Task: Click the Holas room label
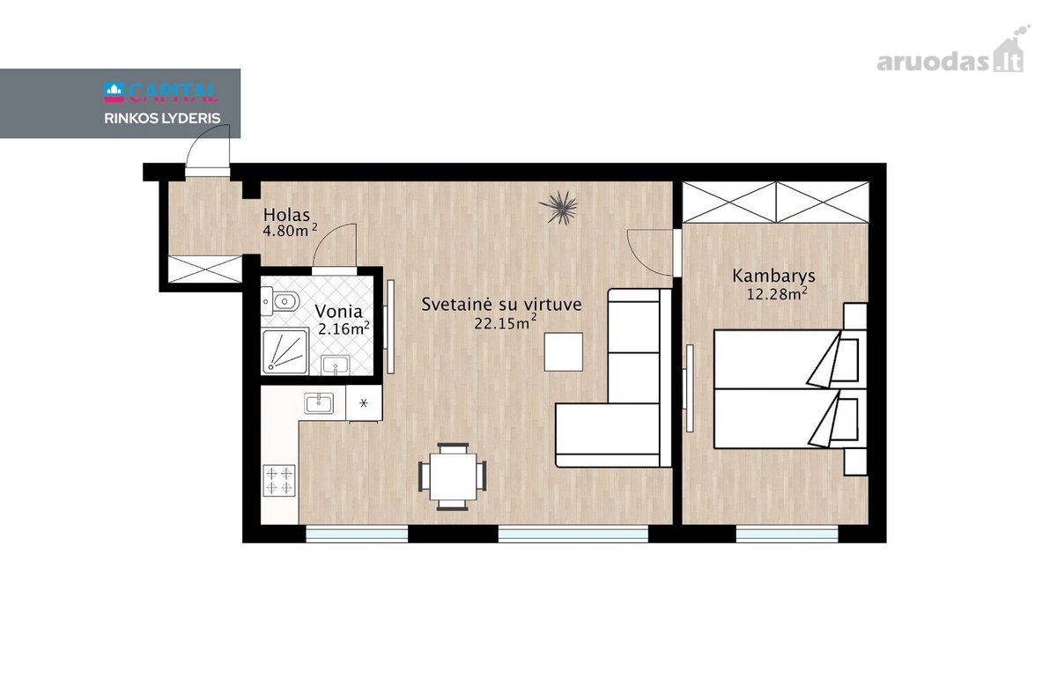click(286, 215)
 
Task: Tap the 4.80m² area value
click(290, 231)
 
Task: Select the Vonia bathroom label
click(338, 312)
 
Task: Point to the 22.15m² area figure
click(506, 323)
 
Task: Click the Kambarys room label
click(773, 276)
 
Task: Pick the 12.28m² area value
click(776, 293)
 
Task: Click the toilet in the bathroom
click(281, 301)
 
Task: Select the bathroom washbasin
click(335, 365)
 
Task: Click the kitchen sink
click(319, 403)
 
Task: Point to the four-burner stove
click(279, 480)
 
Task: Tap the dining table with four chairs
click(453, 477)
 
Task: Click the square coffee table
click(564, 351)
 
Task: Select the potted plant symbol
click(558, 207)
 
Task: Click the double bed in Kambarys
click(790, 388)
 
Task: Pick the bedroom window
click(787, 535)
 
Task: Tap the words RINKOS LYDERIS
click(162, 118)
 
